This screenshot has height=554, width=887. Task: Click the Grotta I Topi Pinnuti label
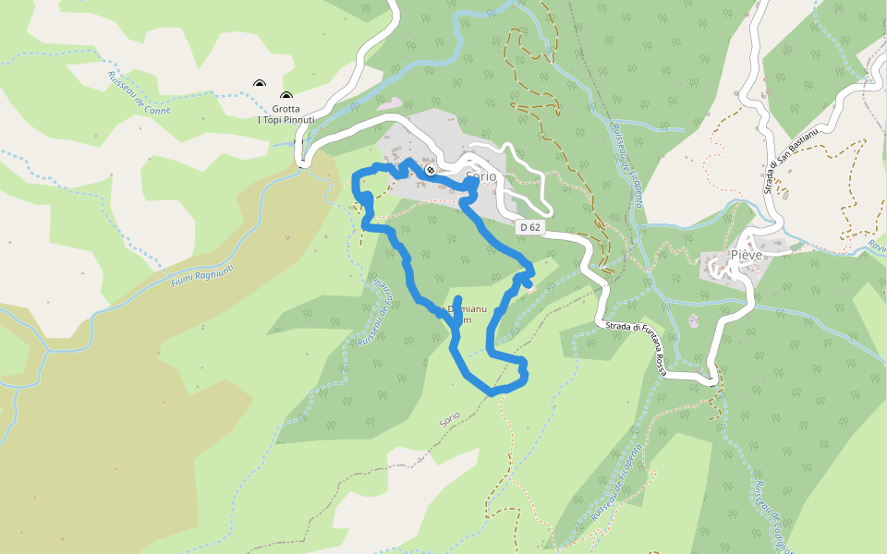[x=286, y=114]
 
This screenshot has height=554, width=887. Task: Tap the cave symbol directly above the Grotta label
[x=286, y=96]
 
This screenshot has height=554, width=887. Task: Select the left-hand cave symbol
[x=260, y=86]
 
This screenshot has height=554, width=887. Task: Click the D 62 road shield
[x=529, y=226]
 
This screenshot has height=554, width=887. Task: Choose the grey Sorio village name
[x=481, y=175]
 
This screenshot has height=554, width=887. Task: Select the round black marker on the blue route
[x=431, y=170]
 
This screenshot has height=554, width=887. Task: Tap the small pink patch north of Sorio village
[x=390, y=103]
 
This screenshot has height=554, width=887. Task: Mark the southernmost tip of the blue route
[x=494, y=393]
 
